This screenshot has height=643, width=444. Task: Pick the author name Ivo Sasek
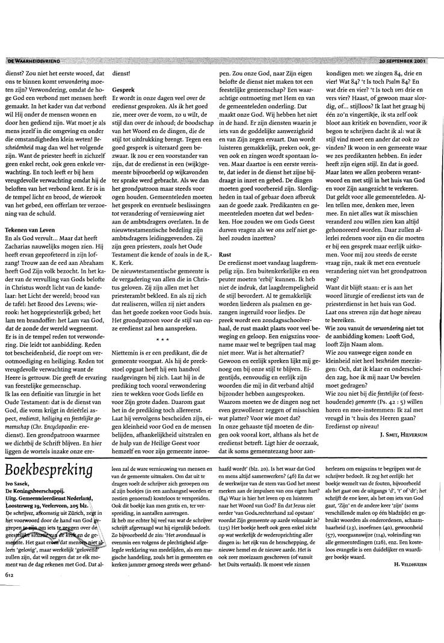(20, 521)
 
